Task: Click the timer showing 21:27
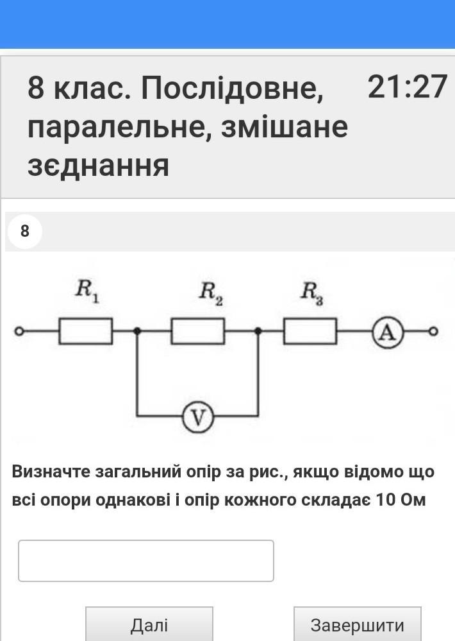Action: (x=407, y=87)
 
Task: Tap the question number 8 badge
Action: (x=25, y=231)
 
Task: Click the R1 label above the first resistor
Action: (x=87, y=291)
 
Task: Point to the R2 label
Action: (x=211, y=293)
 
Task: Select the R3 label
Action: (x=312, y=293)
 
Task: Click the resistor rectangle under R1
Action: (x=86, y=331)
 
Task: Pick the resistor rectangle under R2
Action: (x=197, y=331)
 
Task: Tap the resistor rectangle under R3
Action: (x=310, y=331)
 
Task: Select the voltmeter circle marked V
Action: (x=197, y=417)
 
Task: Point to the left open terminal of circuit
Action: (x=19, y=331)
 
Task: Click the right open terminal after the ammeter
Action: (x=433, y=331)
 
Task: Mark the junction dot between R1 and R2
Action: (x=138, y=331)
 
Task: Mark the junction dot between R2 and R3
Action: (x=258, y=331)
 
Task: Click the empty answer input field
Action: (x=146, y=560)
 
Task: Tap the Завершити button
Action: (x=358, y=624)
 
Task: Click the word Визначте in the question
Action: (x=51, y=472)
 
